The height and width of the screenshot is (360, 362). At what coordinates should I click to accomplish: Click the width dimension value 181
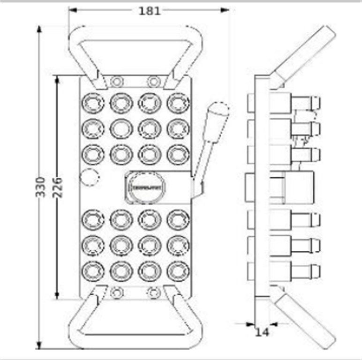click(149, 10)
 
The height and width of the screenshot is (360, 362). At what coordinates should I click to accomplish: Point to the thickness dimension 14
click(262, 332)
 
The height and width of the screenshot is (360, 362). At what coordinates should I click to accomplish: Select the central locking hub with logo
click(146, 187)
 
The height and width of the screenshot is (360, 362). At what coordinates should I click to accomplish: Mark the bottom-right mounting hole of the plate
click(153, 293)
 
